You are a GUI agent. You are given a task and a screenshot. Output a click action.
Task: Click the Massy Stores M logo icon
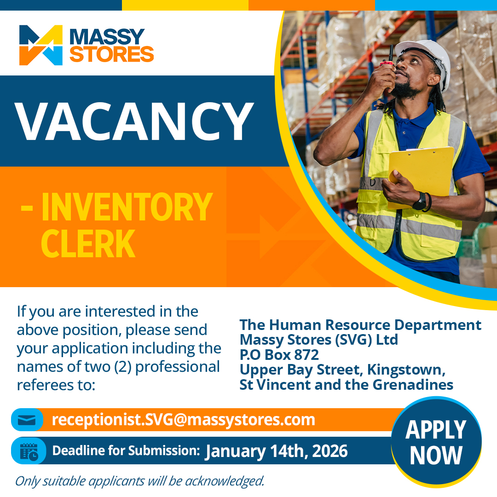click(41, 45)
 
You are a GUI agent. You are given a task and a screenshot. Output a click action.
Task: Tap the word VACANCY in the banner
click(134, 121)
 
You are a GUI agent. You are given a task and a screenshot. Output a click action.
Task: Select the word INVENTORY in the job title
click(127, 207)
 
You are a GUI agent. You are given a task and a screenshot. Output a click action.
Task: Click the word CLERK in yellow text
click(88, 243)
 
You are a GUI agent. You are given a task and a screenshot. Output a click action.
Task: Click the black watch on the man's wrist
click(420, 201)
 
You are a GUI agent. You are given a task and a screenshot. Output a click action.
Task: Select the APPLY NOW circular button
click(436, 442)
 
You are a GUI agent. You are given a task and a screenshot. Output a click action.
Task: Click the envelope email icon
click(27, 420)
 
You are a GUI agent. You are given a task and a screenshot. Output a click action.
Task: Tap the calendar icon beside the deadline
click(29, 451)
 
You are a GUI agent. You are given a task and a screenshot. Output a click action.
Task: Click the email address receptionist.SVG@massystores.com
click(184, 420)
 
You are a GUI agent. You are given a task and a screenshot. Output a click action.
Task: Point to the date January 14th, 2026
click(277, 451)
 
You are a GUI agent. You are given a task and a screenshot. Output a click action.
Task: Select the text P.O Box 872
click(279, 355)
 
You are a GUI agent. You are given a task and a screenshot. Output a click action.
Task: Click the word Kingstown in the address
click(406, 370)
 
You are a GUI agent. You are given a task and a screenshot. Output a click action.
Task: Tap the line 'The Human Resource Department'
click(360, 325)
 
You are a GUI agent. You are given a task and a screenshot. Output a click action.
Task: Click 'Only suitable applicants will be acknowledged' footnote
click(140, 481)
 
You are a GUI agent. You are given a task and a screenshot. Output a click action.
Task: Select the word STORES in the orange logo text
click(111, 54)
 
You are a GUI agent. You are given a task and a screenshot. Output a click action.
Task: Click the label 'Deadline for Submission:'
click(126, 451)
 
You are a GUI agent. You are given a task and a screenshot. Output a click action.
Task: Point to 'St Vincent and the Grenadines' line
click(347, 385)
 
